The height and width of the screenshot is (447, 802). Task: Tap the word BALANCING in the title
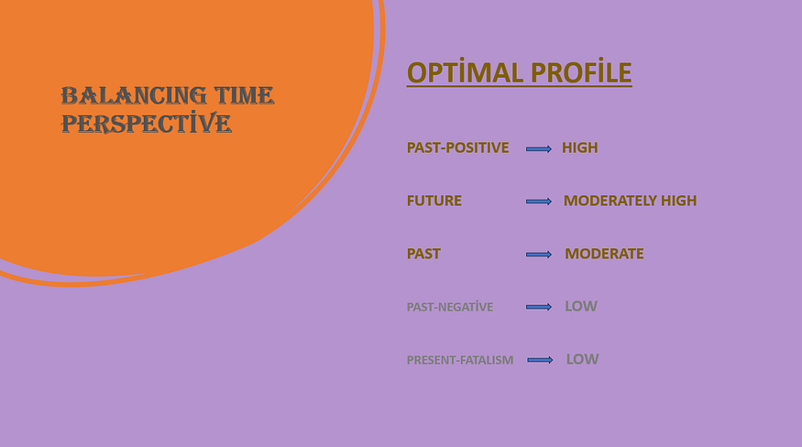[134, 96]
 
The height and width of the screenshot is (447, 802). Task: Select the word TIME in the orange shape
[244, 96]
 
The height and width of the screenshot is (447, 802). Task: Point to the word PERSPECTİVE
[147, 123]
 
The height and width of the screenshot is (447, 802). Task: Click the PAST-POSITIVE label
[457, 147]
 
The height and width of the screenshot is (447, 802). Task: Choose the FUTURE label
[434, 201]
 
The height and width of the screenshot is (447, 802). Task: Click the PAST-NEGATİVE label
[450, 307]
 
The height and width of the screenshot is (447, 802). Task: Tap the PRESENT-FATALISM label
[460, 360]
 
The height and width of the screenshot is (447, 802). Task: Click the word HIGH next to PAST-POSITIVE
[580, 147]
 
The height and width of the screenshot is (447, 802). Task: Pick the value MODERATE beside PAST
[604, 254]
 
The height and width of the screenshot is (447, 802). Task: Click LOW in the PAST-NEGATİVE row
[581, 306]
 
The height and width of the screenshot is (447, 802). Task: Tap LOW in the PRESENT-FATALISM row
[583, 360]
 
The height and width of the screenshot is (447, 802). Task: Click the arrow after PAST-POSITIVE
[539, 148]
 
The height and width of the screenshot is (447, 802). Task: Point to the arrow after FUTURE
[539, 202]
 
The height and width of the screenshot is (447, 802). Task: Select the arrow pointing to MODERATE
[539, 255]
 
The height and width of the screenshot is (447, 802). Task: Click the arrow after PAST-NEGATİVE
[539, 307]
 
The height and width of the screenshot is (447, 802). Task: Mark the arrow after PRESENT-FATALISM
[540, 360]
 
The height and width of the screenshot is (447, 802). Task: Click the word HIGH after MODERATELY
[679, 201]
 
